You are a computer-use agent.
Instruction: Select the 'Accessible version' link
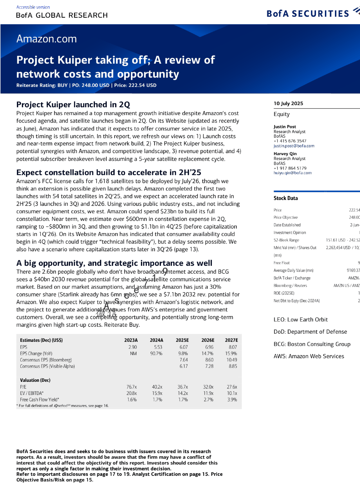pos(33,7)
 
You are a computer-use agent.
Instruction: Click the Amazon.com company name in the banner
pos(46,39)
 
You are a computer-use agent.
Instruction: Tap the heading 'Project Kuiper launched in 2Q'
pos(73,105)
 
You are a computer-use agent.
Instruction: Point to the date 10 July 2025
pos(288,103)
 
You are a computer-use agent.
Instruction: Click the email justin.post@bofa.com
pos(294,146)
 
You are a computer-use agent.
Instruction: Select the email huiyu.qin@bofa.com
pos(292,173)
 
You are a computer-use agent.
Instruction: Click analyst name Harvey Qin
pos(285,154)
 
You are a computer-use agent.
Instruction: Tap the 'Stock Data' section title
pos(285,198)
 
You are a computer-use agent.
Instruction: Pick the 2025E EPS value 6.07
pos(183,347)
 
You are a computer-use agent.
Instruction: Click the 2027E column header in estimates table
pos(231,340)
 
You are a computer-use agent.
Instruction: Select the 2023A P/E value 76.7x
pos(132,387)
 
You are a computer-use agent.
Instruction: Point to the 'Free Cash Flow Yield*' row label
pos(39,399)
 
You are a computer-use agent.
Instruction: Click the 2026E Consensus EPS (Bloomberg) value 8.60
pos(209,360)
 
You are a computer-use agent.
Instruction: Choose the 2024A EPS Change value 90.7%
pos(156,353)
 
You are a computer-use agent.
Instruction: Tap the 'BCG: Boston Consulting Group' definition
pos(312,344)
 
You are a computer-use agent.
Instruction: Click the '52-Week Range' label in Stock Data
pos(286,240)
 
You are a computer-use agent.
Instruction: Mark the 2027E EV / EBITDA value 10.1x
pos(232,393)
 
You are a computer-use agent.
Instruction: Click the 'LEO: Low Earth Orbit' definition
pos(300,319)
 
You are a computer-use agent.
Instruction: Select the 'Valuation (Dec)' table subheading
pos(35,380)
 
